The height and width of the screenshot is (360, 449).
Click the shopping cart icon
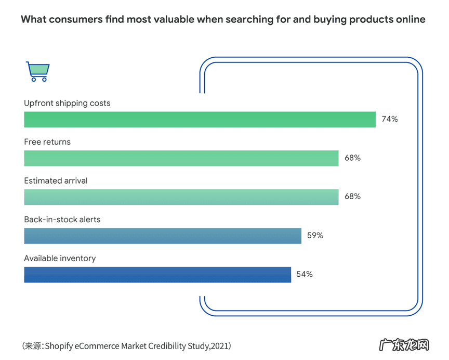point(38,72)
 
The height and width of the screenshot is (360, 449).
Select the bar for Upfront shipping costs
point(200,119)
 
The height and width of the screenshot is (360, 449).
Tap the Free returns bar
point(181,158)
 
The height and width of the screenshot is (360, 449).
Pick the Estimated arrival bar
point(181,197)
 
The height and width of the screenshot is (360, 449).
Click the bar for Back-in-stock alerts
point(163,236)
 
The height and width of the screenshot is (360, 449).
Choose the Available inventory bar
point(157,275)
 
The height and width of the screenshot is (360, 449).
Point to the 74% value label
point(389,119)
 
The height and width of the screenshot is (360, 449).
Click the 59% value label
point(315,236)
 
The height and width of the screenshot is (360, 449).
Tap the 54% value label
point(305,274)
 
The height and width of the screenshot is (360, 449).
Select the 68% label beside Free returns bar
point(352,158)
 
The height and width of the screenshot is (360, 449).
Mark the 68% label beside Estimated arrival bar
point(352,197)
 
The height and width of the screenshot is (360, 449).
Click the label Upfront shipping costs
point(67,103)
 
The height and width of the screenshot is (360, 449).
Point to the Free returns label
point(47,142)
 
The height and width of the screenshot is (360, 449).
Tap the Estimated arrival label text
point(56,181)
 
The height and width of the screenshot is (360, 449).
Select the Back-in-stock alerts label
point(62,220)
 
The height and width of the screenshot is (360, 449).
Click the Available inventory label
point(60,258)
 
